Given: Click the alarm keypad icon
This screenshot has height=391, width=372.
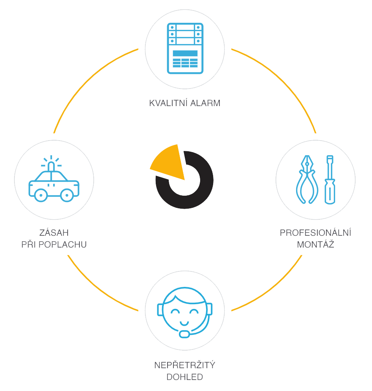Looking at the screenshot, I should [x=185, y=48].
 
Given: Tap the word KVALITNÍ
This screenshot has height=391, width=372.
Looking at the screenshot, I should [x=168, y=103].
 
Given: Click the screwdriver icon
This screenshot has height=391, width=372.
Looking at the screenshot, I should [x=330, y=180].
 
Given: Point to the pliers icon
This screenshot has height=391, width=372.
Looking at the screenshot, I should [x=307, y=180].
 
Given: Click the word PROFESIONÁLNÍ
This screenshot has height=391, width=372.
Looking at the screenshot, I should [x=315, y=233].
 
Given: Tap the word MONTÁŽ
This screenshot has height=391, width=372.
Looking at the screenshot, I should [x=315, y=244].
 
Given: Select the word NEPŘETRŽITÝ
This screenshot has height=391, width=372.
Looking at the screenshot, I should [x=185, y=365].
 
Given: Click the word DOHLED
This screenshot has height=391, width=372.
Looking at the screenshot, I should [x=185, y=377].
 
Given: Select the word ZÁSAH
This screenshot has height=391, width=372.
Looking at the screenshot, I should [x=54, y=233].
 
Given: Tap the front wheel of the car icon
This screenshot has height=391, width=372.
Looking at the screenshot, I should [x=41, y=195].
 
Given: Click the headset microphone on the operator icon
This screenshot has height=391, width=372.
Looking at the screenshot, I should [x=184, y=334].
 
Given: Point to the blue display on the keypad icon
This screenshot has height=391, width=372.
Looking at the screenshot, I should [x=185, y=53].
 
